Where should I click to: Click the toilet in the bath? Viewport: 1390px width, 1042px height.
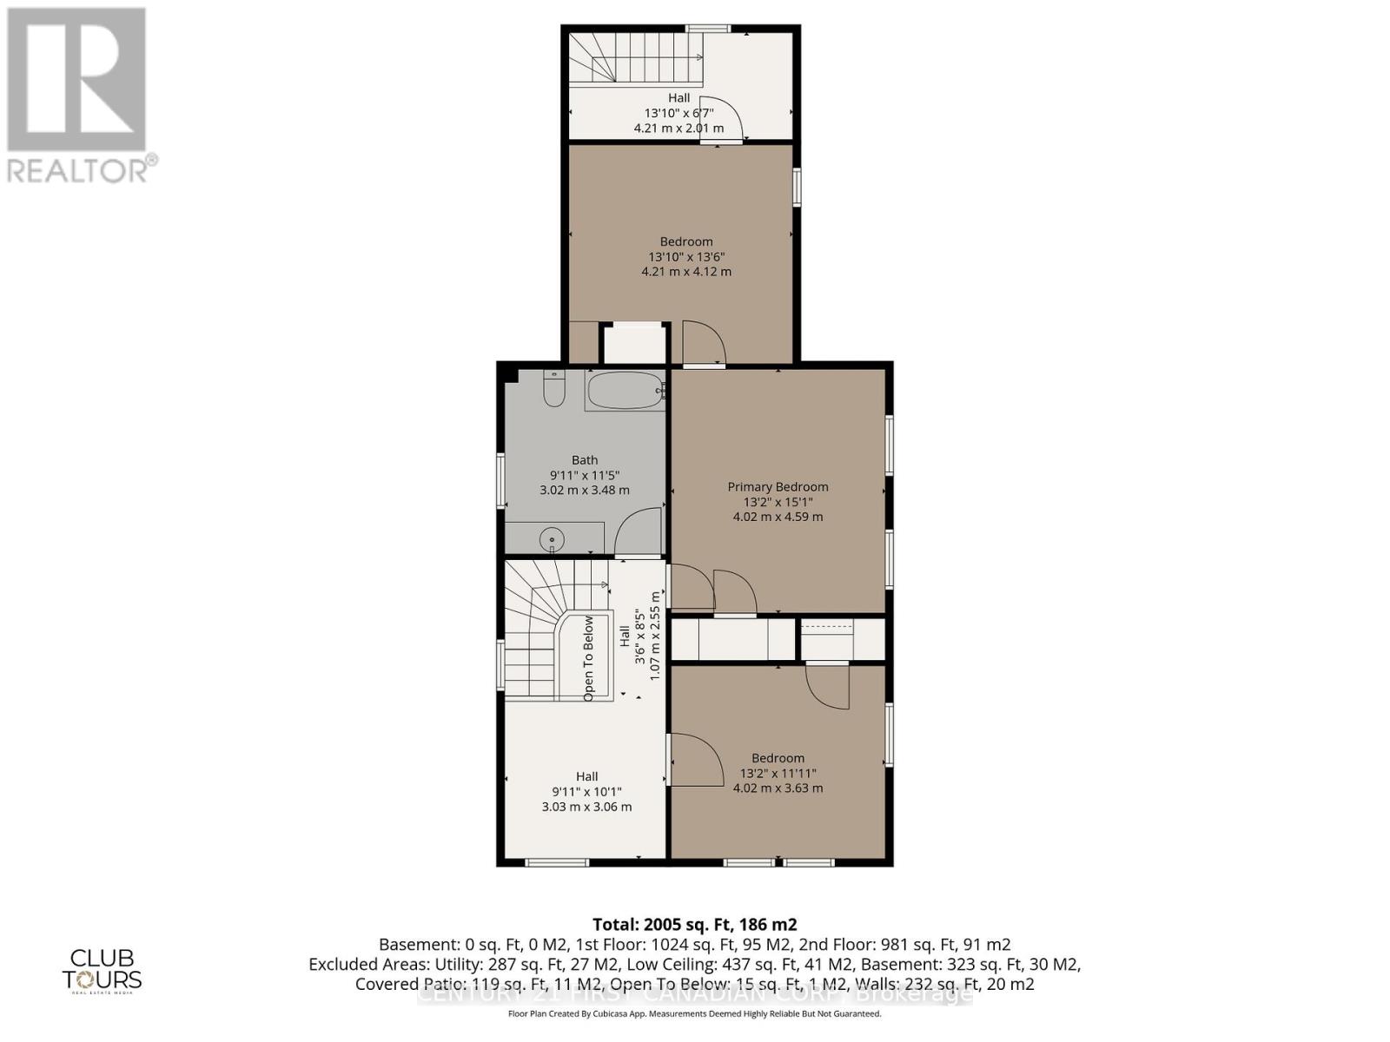553,388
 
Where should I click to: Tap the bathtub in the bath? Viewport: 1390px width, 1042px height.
625,391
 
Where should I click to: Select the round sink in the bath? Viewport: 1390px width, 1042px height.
552,540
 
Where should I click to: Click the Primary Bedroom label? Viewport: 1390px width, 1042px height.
778,487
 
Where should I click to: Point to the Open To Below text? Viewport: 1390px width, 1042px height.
588,659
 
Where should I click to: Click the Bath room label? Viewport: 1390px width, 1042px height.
585,460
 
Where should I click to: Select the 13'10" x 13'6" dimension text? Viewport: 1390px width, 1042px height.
686,257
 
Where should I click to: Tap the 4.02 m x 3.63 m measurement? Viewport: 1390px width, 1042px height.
778,788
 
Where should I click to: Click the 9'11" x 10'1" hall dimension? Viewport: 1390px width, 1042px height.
586,792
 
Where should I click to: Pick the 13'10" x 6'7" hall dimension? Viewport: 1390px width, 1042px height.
678,113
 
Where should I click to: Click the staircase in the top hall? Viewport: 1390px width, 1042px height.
634,59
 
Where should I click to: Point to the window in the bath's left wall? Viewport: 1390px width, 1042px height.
500,479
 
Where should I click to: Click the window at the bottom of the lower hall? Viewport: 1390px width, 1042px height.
557,862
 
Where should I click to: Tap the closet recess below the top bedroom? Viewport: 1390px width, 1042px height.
635,344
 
